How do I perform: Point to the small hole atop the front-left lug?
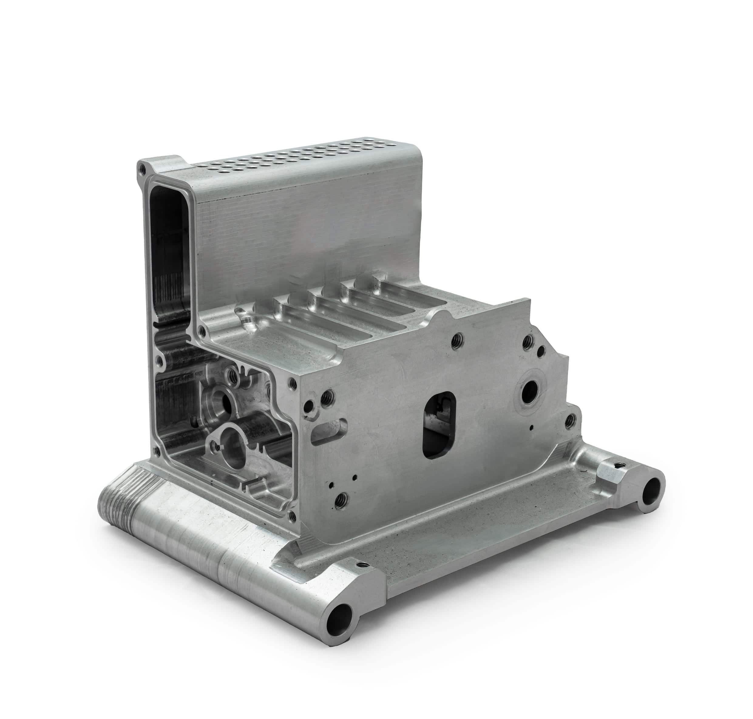[x=360, y=564]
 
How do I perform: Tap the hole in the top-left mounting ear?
[x=142, y=168]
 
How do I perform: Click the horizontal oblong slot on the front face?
[x=329, y=431]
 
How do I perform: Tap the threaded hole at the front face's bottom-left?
[x=340, y=499]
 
